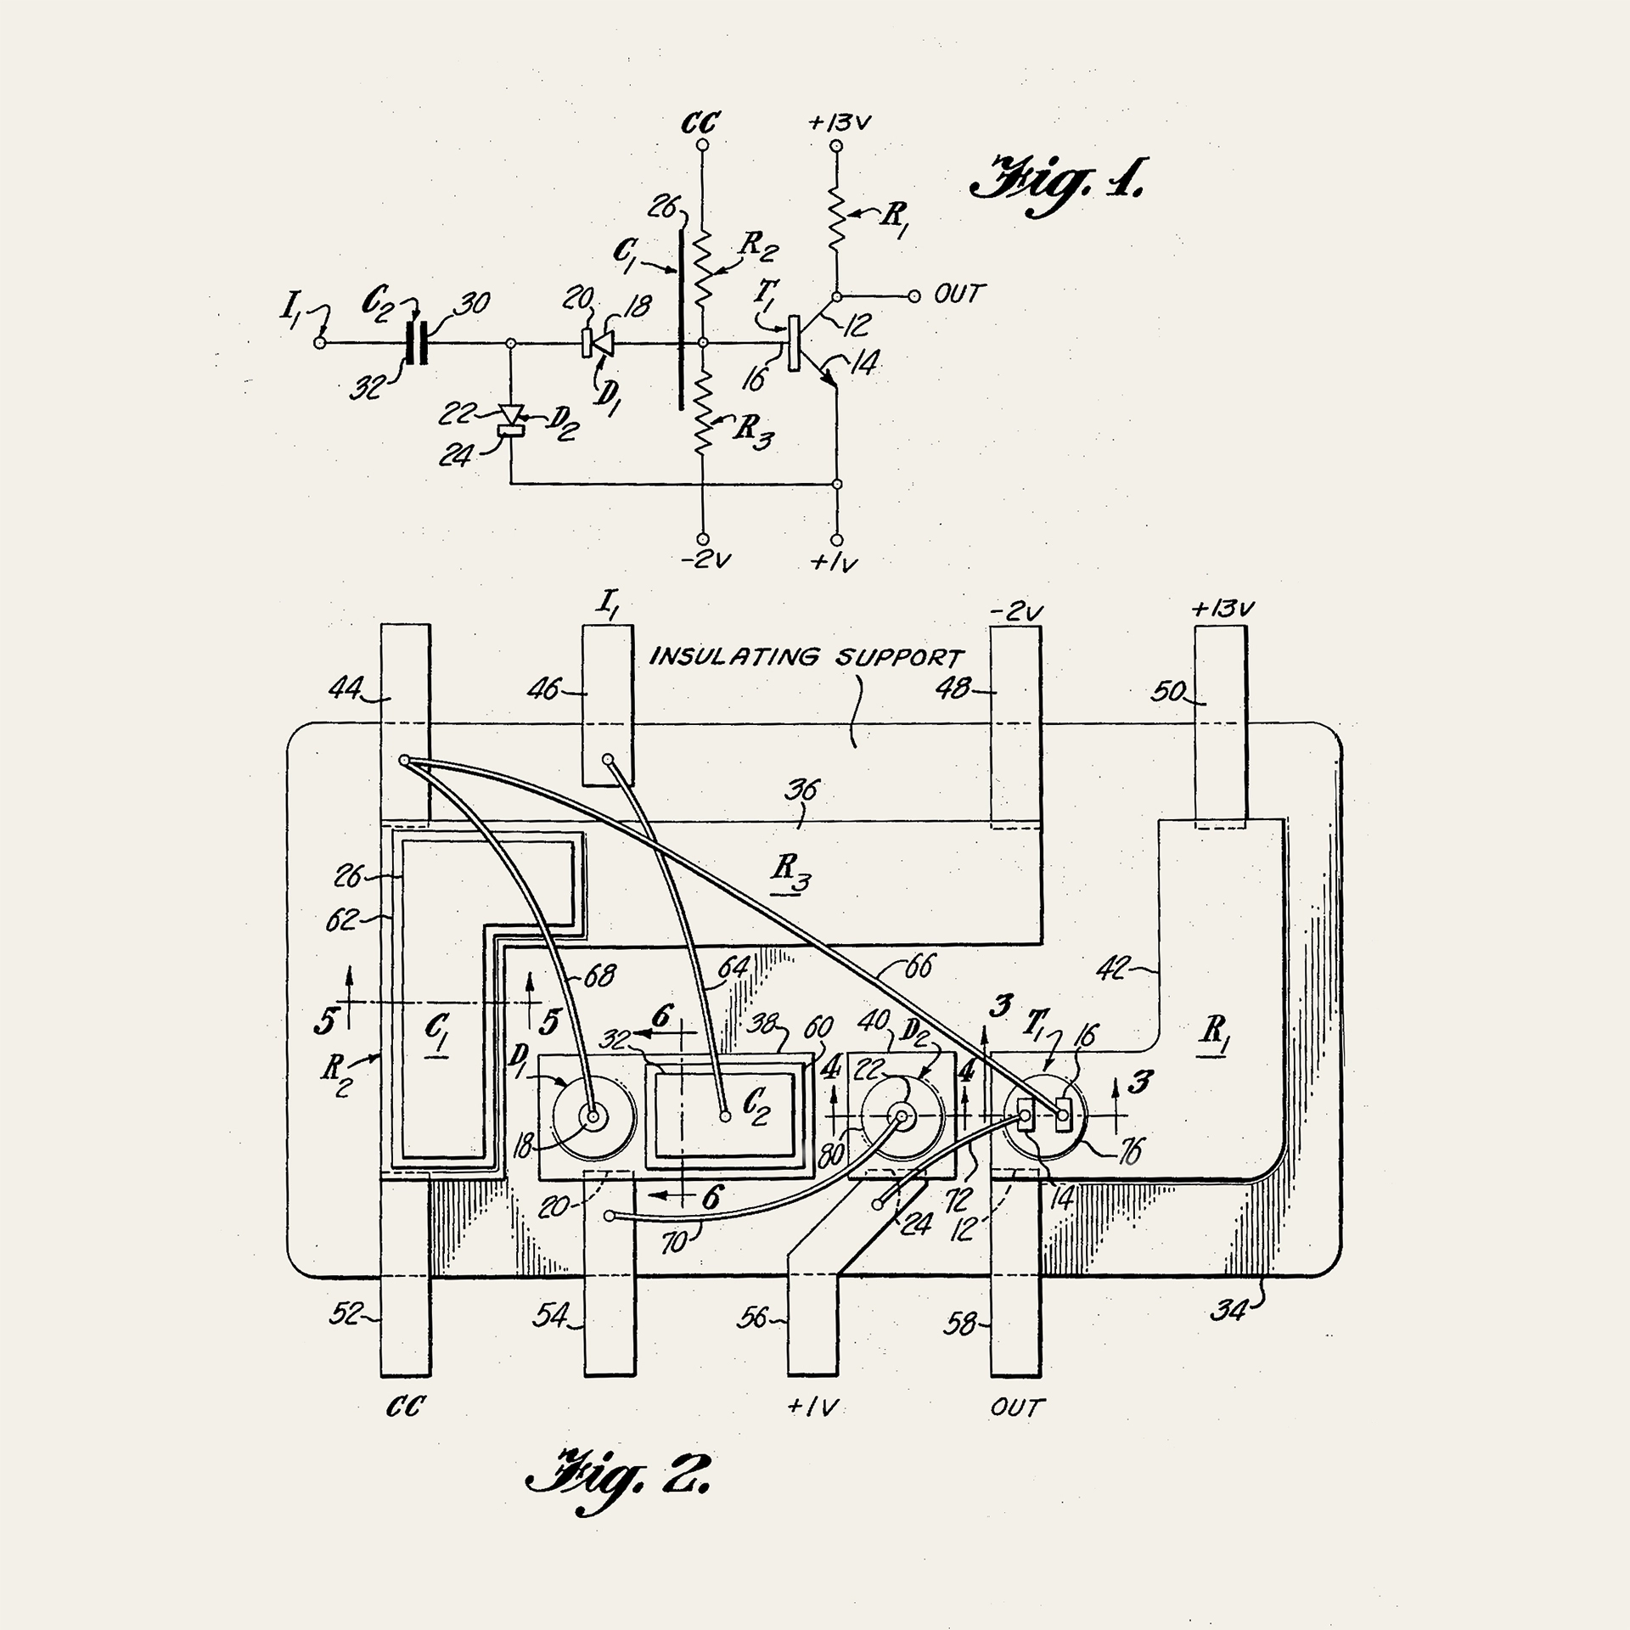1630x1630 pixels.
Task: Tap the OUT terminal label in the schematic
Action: [x=958, y=295]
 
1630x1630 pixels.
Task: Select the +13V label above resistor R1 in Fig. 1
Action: [x=839, y=123]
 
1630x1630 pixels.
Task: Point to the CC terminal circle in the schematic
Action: [x=702, y=146]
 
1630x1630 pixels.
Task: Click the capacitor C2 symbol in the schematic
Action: [x=416, y=343]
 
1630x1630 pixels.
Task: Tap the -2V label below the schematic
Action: [x=705, y=561]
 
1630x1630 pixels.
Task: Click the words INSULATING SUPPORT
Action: [x=807, y=657]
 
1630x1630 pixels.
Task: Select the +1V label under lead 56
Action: [x=812, y=1408]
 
